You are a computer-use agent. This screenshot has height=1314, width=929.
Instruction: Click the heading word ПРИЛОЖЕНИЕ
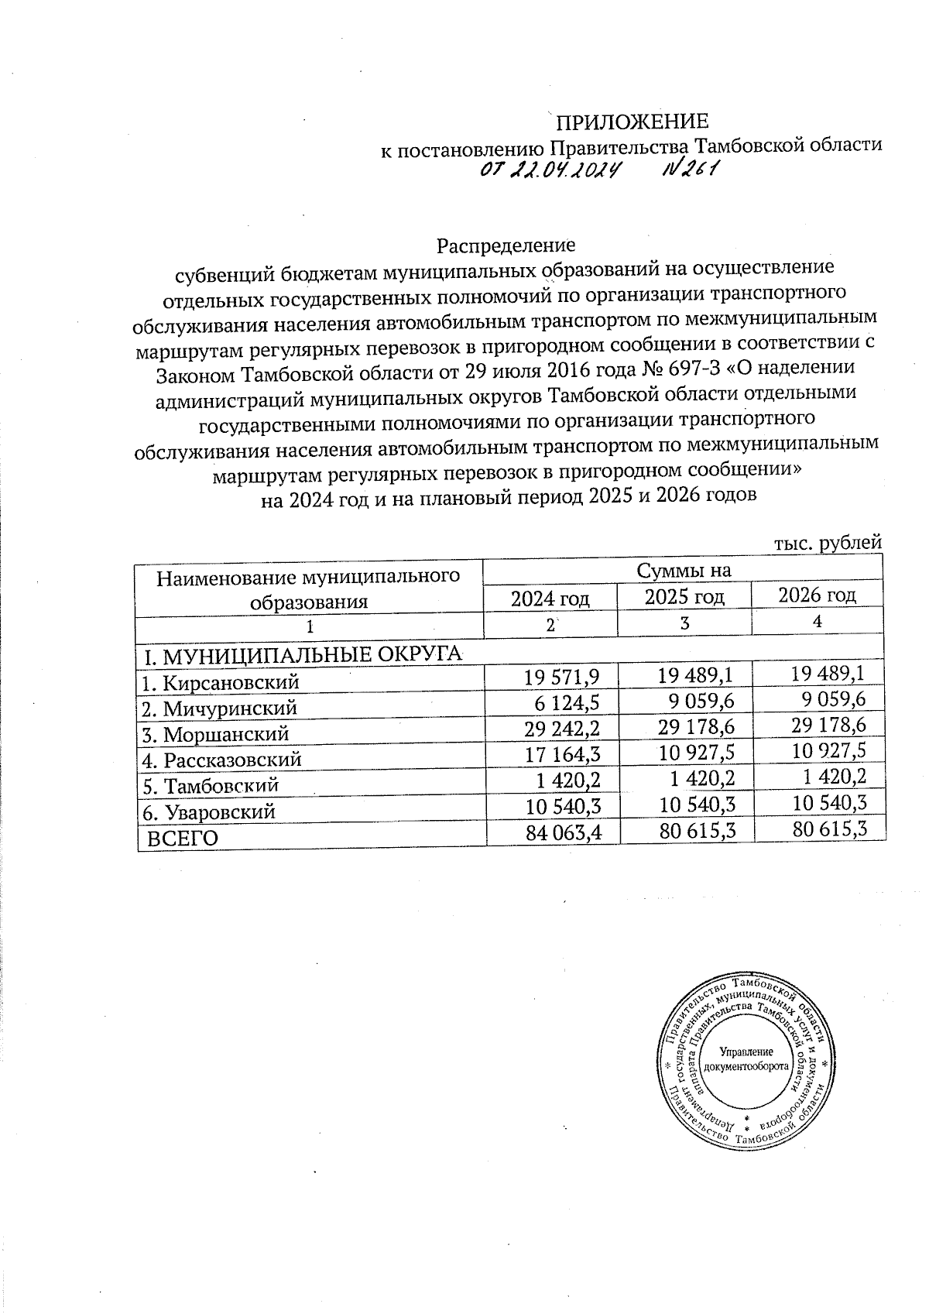632,122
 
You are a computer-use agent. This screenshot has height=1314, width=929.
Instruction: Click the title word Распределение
506,246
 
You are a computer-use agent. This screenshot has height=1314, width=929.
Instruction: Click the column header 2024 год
550,599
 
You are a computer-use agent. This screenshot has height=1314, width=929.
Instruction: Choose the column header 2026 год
817,595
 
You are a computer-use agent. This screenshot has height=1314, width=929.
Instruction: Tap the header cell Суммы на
683,571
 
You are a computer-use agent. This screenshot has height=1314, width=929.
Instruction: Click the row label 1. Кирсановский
221,683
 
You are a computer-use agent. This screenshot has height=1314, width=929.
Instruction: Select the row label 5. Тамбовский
211,786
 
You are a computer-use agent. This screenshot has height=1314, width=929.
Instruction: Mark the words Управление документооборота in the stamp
746,1058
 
